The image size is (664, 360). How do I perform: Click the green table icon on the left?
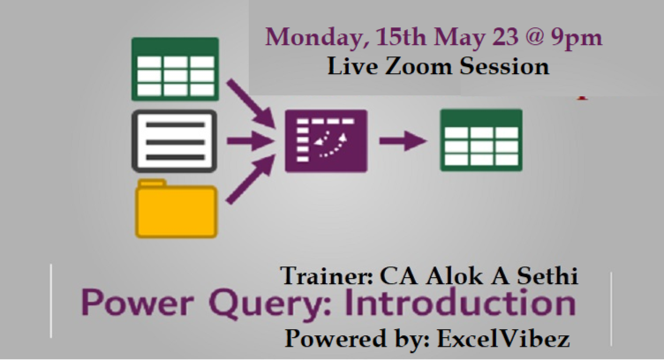point(175,69)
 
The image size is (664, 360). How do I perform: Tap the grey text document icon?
point(175,139)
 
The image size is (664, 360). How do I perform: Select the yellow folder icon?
point(176,208)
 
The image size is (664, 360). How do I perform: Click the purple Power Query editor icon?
point(326,139)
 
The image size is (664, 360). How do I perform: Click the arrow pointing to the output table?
point(402,139)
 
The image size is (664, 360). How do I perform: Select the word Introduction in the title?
point(460,304)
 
